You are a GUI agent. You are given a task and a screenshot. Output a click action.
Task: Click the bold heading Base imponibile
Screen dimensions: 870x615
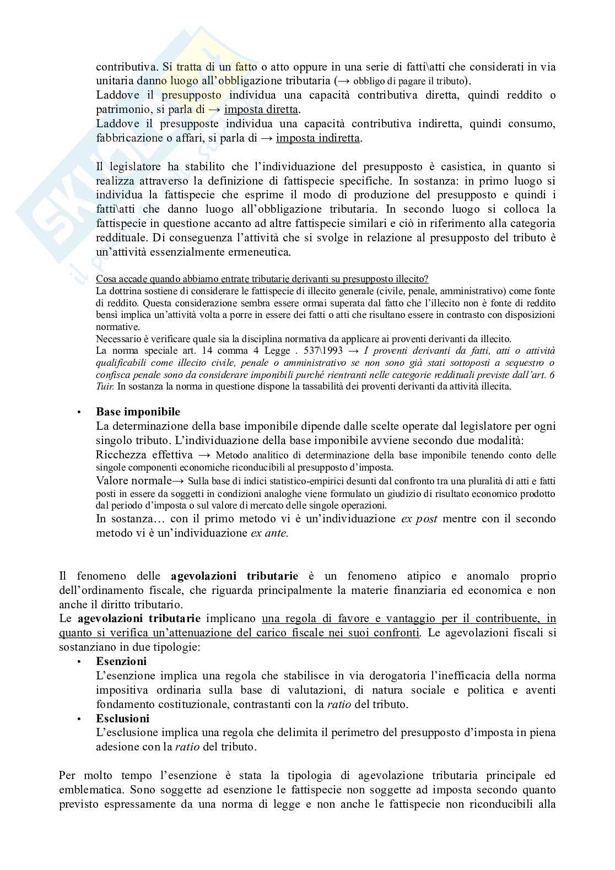coord(138,412)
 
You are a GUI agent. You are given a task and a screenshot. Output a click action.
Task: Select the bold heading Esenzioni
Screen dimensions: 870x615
coord(121,661)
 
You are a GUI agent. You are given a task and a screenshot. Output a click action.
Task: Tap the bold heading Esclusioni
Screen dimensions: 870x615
coord(122,718)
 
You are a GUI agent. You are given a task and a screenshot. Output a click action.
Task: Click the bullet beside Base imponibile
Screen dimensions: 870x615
coord(79,412)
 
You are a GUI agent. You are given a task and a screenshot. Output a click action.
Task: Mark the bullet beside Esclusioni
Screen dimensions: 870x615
coord(79,719)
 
